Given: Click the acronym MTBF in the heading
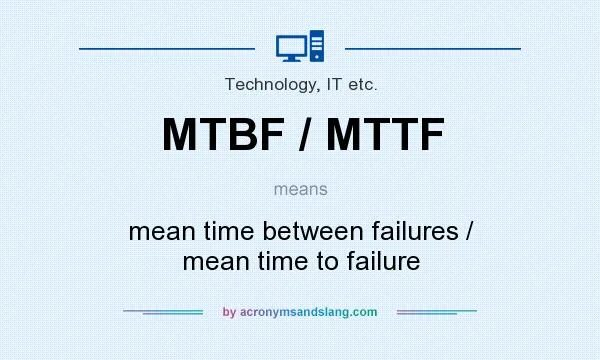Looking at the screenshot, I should pyautogui.click(x=223, y=135).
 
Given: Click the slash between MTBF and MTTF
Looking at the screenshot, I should pyautogui.click(x=299, y=135).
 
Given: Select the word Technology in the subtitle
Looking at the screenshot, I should pyautogui.click(x=265, y=85).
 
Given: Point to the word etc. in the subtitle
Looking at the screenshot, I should pyautogui.click(x=359, y=85).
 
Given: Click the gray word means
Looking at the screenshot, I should pyautogui.click(x=300, y=187).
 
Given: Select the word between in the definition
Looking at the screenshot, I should pyautogui.click(x=313, y=231).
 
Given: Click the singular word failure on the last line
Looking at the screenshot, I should pyautogui.click(x=381, y=262).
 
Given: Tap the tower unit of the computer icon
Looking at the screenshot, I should pyautogui.click(x=317, y=46).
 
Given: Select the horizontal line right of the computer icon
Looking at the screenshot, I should pyautogui.click(x=432, y=47).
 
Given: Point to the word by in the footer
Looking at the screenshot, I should pyautogui.click(x=228, y=312).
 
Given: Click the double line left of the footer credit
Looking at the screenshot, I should pyautogui.click(x=163, y=312).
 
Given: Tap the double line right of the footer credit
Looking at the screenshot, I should pyautogui.click(x=437, y=312).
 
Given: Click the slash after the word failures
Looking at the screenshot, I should pyautogui.click(x=468, y=231).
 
